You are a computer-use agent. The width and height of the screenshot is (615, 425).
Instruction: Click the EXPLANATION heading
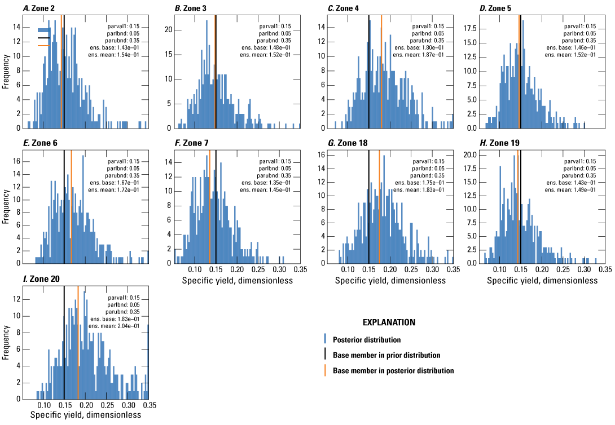(389, 323)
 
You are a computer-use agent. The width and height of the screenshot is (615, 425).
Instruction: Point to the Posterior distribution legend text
(367, 340)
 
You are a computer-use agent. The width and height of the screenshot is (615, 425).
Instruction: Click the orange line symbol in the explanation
(326, 370)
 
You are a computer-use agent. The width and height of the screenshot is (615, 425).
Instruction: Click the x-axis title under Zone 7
(238, 281)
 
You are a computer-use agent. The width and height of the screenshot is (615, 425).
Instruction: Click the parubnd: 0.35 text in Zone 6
(127, 175)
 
